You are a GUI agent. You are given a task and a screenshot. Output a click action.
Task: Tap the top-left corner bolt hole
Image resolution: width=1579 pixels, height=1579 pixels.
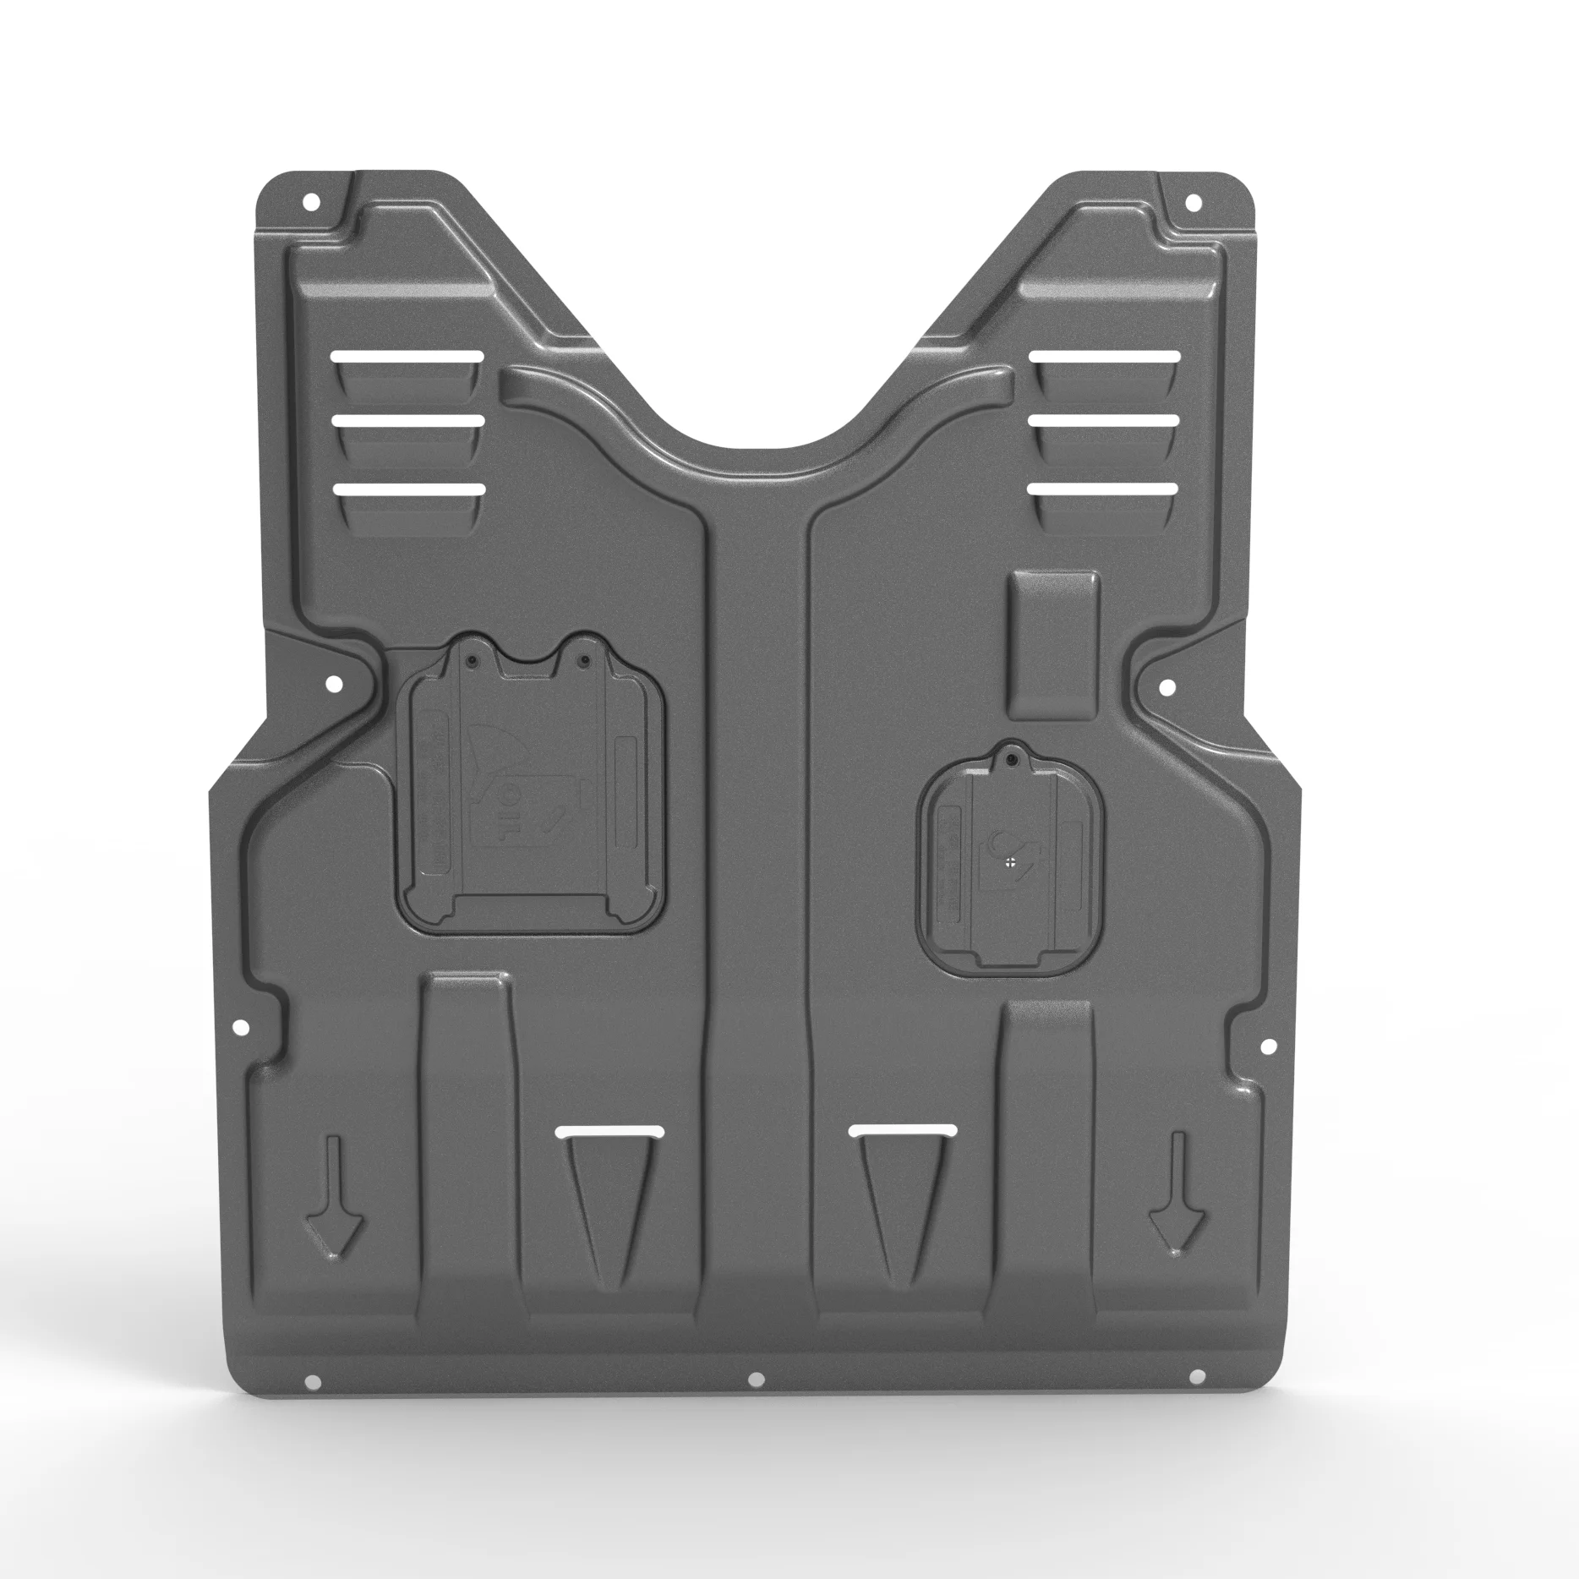[x=311, y=202]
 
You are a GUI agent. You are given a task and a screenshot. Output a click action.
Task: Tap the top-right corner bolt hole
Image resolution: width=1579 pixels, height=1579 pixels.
[x=1194, y=202]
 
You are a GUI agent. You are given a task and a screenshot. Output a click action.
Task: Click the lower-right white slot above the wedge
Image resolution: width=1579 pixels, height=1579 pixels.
[x=904, y=1129]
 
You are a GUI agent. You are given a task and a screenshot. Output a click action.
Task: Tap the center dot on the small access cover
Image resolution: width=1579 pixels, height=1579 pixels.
[x=1011, y=862]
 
